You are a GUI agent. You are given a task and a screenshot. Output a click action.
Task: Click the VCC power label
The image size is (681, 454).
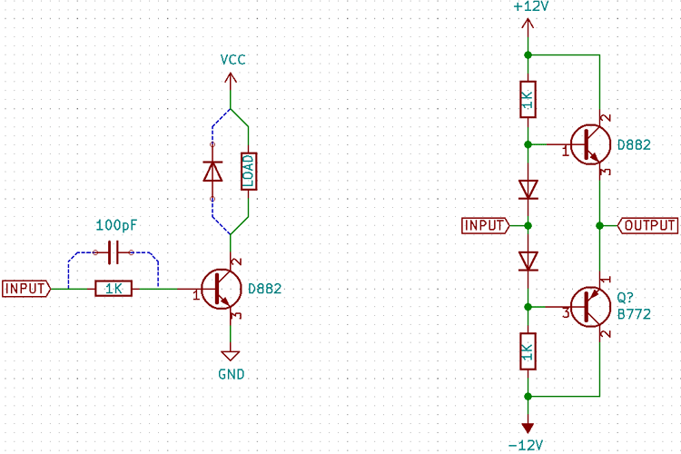coord(232,60)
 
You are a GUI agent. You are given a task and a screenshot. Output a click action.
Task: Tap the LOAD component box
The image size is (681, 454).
coord(248,170)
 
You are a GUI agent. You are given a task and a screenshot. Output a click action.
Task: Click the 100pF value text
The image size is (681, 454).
coord(115,223)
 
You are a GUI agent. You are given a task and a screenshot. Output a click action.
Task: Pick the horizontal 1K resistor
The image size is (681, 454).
coord(113,289)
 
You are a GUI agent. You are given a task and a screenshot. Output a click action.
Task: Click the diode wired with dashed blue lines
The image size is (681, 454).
coord(212,170)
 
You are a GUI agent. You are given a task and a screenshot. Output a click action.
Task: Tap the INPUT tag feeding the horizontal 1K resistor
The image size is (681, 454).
coord(25,289)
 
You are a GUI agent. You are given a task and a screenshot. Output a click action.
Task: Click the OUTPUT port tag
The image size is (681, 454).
coord(647,225)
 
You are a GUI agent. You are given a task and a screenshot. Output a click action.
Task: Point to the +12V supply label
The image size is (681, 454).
coord(531,7)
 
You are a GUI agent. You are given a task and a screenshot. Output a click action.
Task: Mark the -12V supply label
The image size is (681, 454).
coord(526,445)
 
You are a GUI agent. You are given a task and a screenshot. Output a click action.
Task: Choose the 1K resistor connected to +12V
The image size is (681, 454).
coord(528,100)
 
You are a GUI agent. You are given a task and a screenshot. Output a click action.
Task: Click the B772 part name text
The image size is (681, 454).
coord(635,313)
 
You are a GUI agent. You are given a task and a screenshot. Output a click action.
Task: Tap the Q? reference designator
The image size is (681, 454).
coord(627,297)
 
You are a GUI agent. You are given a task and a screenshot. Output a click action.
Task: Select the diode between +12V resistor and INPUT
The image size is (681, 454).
coord(528,189)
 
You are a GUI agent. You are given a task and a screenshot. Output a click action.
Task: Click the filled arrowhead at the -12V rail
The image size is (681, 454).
coord(528,428)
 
